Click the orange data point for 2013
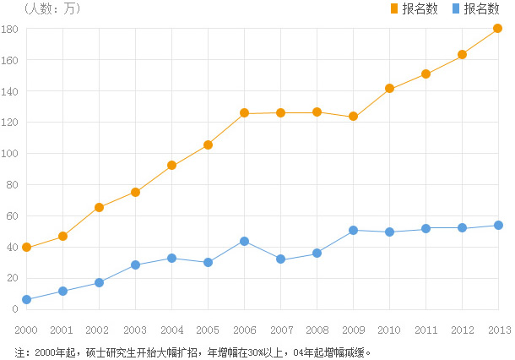(498, 28)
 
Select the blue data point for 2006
(244, 241)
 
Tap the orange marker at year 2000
(27, 247)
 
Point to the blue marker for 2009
(353, 230)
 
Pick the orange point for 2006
(244, 113)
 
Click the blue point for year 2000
(27, 299)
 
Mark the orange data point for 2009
(353, 116)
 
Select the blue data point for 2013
(498, 226)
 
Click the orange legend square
(394, 8)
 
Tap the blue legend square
(456, 8)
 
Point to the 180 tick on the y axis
(10, 29)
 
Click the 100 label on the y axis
(10, 154)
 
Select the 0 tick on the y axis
(14, 309)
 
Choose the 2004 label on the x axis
(171, 330)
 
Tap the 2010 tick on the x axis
(389, 330)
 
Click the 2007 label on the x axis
(280, 330)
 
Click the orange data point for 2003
(135, 192)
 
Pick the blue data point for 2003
(135, 265)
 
